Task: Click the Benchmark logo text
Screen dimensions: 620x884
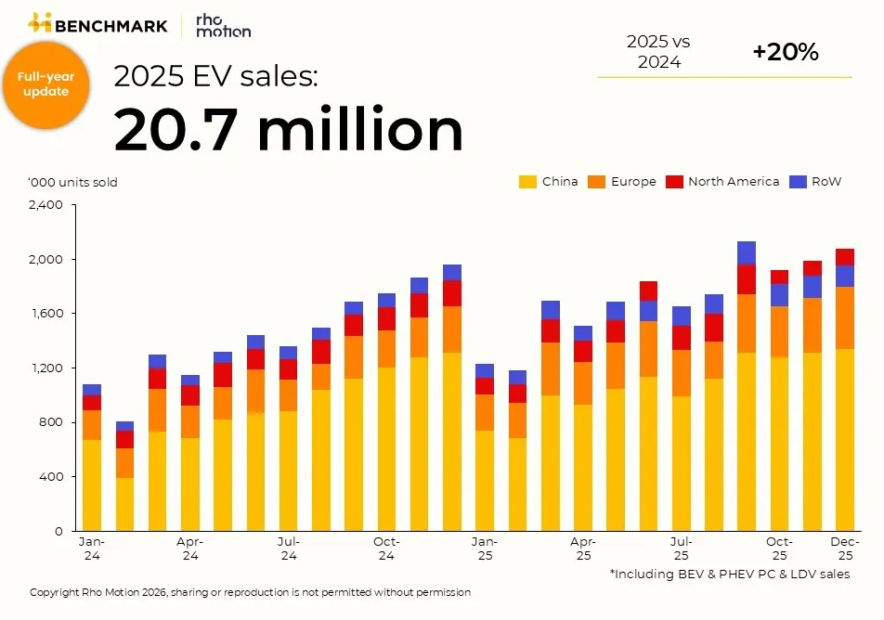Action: [110, 25]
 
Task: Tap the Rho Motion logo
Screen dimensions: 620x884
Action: [223, 25]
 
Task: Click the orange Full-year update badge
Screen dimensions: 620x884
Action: [45, 84]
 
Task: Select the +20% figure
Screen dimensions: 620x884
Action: [785, 53]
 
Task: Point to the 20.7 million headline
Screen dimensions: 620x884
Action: [288, 130]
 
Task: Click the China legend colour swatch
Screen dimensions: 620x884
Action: [526, 182]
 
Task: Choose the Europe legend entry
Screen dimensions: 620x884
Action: [621, 182]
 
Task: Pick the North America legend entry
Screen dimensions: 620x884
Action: [722, 182]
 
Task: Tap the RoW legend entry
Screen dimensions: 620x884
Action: [814, 182]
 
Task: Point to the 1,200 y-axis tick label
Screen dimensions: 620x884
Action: [45, 368]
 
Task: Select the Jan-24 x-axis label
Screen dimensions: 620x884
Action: [92, 548]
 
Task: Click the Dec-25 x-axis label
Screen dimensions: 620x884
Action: [845, 548]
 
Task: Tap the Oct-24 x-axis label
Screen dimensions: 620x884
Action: [386, 548]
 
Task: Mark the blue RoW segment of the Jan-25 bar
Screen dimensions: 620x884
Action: [484, 370]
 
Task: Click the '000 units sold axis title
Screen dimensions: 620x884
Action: [73, 182]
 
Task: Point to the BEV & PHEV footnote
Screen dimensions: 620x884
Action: [729, 575]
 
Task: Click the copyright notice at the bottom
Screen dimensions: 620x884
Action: [251, 592]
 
